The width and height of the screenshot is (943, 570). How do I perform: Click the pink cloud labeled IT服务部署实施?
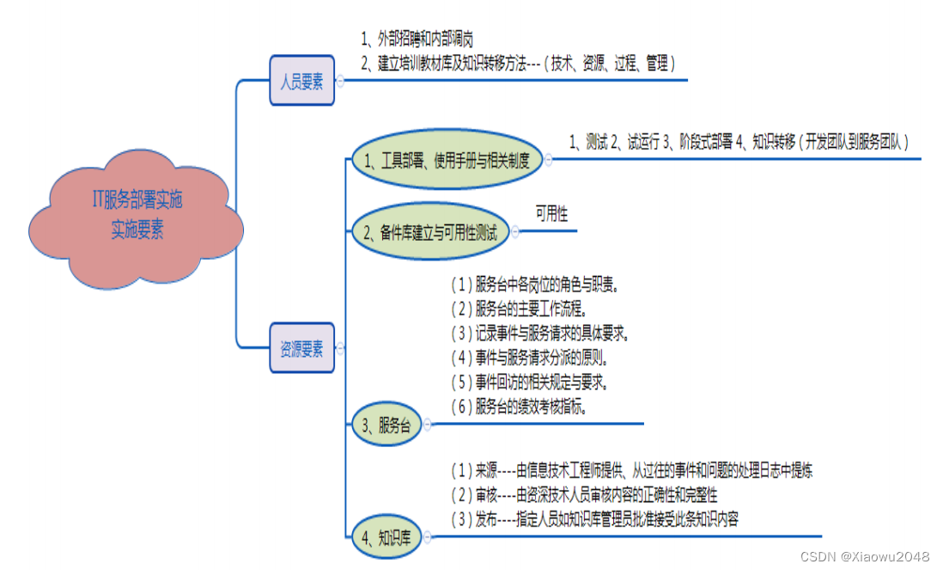(x=137, y=215)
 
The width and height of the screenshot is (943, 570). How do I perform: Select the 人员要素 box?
(x=301, y=81)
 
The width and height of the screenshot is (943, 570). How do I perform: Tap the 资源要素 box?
(x=301, y=348)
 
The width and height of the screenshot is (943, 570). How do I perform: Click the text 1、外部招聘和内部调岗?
(x=417, y=40)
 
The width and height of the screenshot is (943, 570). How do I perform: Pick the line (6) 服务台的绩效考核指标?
(x=519, y=407)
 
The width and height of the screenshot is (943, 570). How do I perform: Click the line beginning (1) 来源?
(x=631, y=470)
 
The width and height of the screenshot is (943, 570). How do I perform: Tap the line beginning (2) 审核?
(x=584, y=494)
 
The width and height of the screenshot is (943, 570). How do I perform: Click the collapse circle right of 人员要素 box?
(x=340, y=81)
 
